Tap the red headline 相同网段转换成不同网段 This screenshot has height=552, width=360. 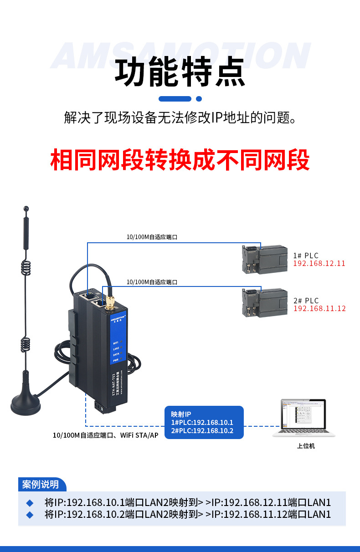tap(180, 159)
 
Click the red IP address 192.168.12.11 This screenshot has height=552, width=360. tap(319, 264)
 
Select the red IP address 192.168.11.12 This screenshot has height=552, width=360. tap(319, 309)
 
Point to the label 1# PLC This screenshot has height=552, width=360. tap(306, 256)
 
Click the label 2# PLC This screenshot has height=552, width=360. tap(306, 301)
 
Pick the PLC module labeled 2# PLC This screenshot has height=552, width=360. tap(264, 302)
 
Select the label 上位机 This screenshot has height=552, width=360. tap(306, 446)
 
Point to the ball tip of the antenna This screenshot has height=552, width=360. tap(26, 209)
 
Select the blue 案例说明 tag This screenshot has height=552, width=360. tap(41, 484)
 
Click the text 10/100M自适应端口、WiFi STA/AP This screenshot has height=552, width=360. tap(105, 435)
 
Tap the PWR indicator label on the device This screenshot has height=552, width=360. tap(116, 360)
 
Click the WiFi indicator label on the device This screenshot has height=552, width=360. tap(116, 342)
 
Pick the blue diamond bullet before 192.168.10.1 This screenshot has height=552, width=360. tap(30, 503)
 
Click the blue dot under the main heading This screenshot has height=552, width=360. tap(199, 98)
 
